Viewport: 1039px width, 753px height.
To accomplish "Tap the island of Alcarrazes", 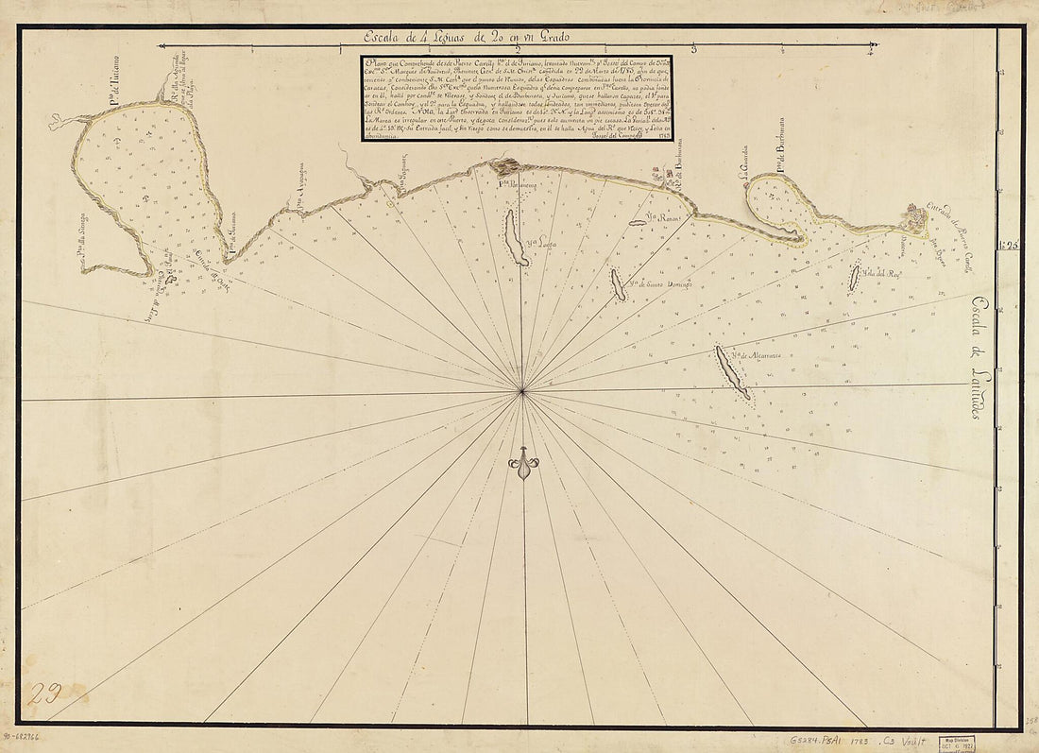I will (x=731, y=371).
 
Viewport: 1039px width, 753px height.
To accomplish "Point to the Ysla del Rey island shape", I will (x=854, y=277).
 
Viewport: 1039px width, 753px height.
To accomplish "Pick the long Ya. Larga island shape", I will (x=515, y=238).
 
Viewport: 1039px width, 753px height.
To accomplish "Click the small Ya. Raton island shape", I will (x=639, y=223).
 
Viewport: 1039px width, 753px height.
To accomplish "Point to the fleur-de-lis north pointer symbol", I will (x=523, y=464).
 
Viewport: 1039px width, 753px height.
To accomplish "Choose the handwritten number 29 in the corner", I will (x=44, y=694).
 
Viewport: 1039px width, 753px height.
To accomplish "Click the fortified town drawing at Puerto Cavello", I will (x=913, y=219).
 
